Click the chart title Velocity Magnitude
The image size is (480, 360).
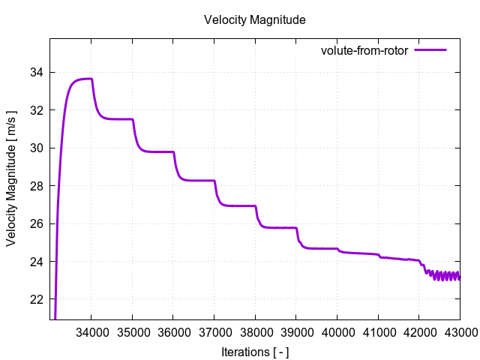[x=255, y=20]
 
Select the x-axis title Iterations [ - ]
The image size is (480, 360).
[x=255, y=352]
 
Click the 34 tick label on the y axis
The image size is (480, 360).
[x=36, y=73]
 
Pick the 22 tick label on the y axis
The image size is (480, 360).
[x=36, y=299]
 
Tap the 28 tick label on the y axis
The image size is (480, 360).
[x=36, y=186]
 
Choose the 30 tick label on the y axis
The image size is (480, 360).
[x=36, y=148]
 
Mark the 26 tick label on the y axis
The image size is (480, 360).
[x=36, y=223]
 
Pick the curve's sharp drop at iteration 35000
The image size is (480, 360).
[x=134, y=131]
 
